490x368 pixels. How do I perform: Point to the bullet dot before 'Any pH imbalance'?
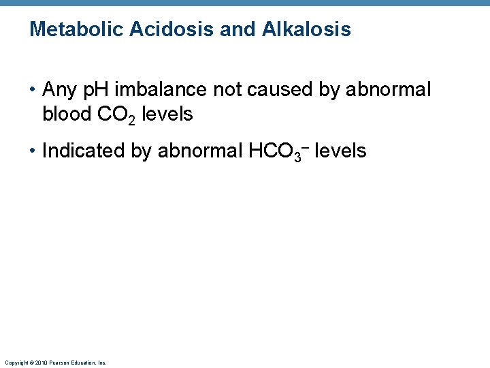pyautogui.click(x=33, y=90)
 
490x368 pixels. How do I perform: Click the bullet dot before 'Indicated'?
pyautogui.click(x=33, y=151)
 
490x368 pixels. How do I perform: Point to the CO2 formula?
pyautogui.click(x=116, y=114)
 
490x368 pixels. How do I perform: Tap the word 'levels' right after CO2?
pyautogui.click(x=168, y=114)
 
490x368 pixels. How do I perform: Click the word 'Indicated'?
pyautogui.click(x=84, y=151)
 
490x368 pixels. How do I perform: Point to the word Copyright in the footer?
pyautogui.click(x=14, y=363)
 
